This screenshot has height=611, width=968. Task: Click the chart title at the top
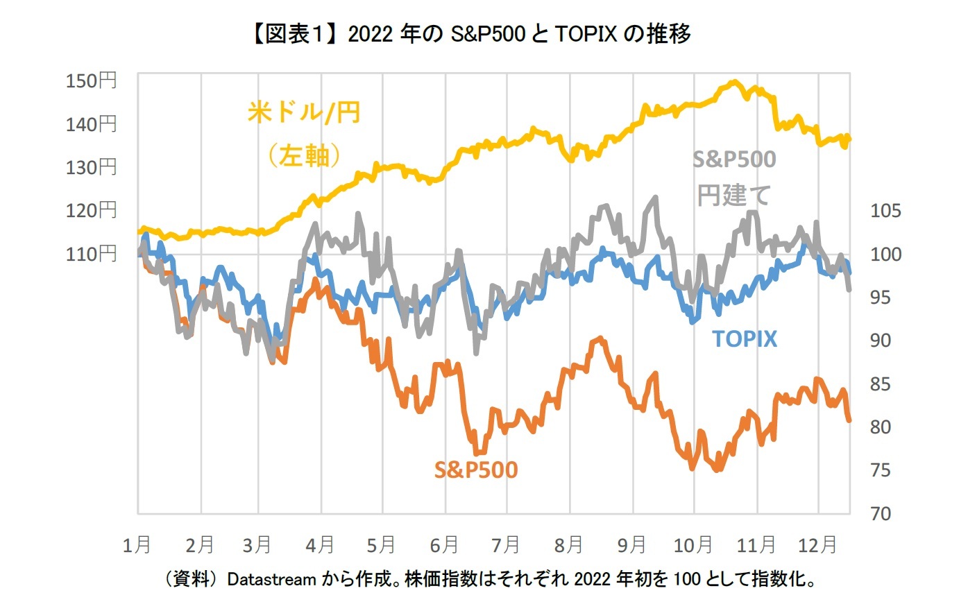[x=469, y=33]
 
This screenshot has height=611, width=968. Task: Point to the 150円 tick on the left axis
[x=91, y=80]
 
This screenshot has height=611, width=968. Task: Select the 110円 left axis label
[x=91, y=254]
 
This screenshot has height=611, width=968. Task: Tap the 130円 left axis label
[x=91, y=167]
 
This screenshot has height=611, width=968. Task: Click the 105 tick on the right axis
[x=885, y=211]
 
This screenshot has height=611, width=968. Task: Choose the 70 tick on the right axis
[x=881, y=514]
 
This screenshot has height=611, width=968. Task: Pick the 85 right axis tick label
[x=881, y=384]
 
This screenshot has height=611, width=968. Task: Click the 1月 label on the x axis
[x=137, y=546]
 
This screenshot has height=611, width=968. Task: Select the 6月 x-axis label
[x=444, y=546]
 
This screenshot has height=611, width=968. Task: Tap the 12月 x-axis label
[x=817, y=546]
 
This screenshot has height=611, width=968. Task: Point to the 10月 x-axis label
[x=693, y=546]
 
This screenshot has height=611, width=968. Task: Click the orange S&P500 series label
[x=476, y=470]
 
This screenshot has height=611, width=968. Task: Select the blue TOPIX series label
[x=745, y=338]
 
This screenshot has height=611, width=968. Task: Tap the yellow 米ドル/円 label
[x=304, y=112]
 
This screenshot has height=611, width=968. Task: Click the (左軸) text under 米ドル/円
[x=304, y=156]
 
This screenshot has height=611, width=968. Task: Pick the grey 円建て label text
[x=733, y=196]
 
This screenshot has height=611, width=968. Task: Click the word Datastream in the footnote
[x=271, y=579]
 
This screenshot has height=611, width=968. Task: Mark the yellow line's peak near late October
[x=734, y=82]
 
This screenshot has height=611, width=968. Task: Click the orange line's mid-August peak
[x=599, y=338]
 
